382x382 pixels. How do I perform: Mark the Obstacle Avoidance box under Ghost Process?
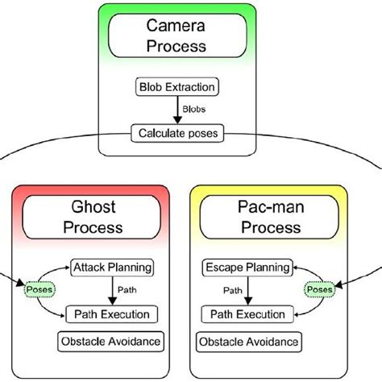pos(110,343)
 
